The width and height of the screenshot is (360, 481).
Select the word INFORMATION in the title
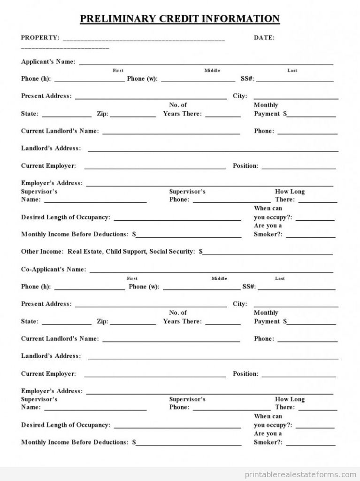pos(240,19)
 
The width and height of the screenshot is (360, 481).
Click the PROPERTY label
pos(40,38)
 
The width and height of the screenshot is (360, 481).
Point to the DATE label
pos(264,38)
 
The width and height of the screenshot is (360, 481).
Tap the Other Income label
pos(42,252)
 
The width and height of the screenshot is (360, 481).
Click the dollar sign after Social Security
pos(201,252)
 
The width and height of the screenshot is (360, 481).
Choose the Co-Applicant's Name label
pos(54,270)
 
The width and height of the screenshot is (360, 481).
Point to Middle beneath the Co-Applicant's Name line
pos(219,279)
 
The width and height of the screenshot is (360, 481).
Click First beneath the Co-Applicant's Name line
pos(132,279)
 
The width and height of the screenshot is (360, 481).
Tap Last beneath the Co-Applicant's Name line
pos(280,279)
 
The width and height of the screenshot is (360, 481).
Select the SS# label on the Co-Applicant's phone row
pos(249,287)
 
